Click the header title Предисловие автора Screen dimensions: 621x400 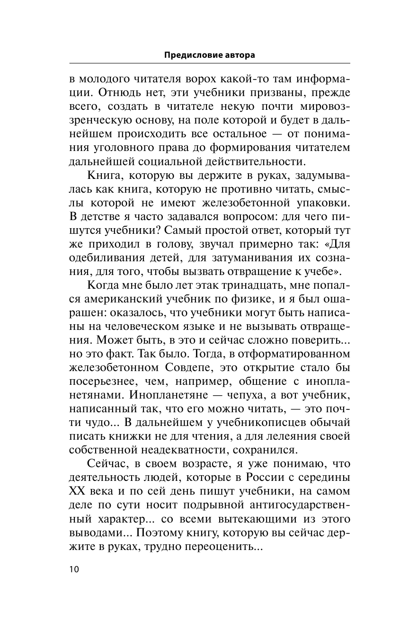click(209, 55)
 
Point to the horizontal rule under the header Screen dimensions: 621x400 click(209, 63)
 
